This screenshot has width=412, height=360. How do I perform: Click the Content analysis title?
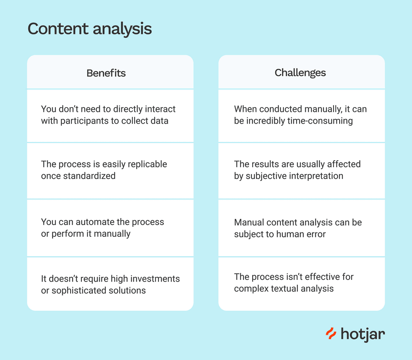(90, 29)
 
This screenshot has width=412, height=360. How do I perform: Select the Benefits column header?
(106, 73)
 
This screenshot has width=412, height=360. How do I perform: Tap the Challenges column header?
(300, 73)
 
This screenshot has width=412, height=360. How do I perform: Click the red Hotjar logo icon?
(331, 334)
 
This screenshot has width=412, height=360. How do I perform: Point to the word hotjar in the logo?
(363, 334)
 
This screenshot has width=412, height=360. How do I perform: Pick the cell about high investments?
(110, 284)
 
